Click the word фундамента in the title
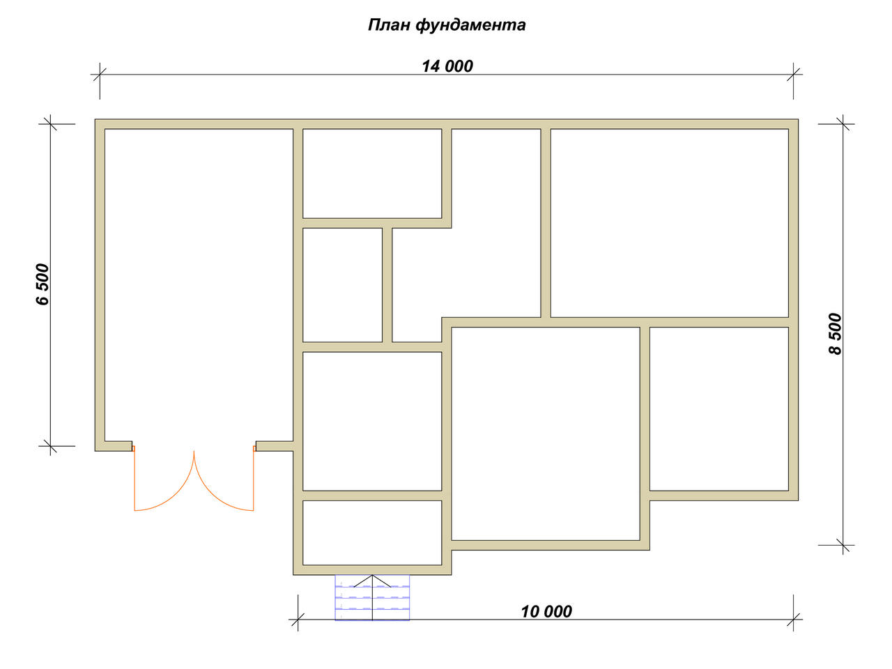pos(470,26)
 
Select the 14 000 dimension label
pos(447,66)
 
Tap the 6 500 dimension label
pos(43,284)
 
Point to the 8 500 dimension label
pos(836,334)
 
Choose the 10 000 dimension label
pos(546,612)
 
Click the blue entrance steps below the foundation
pos(372,597)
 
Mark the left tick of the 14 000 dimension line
pos(100,75)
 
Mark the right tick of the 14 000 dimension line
pos(793,75)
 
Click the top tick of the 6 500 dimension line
pos(50,124)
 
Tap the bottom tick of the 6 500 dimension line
pos(50,446)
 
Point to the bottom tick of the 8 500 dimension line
pos(843,545)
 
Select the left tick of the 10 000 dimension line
pos(298,620)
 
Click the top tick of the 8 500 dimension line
pos(843,124)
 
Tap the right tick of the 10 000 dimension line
pos(793,620)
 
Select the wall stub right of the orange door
pos(275,446)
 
